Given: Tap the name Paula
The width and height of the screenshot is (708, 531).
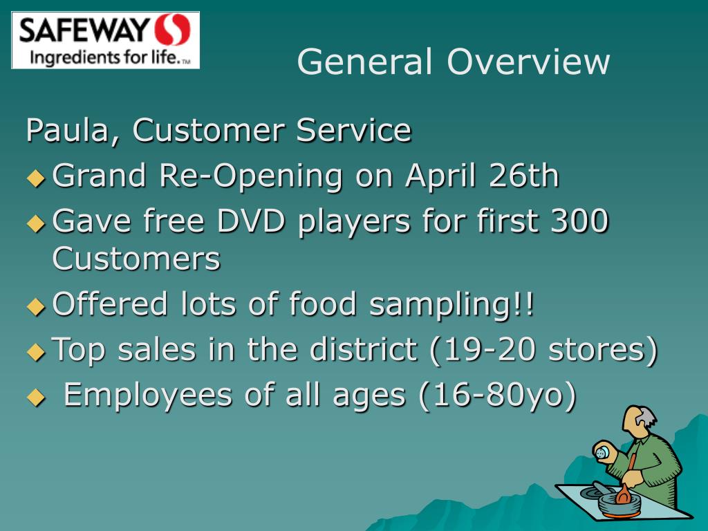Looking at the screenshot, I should pos(65,131).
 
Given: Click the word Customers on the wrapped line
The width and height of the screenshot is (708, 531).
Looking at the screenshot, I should pos(136,259).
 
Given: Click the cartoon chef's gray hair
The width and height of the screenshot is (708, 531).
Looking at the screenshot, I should pos(647,418).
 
